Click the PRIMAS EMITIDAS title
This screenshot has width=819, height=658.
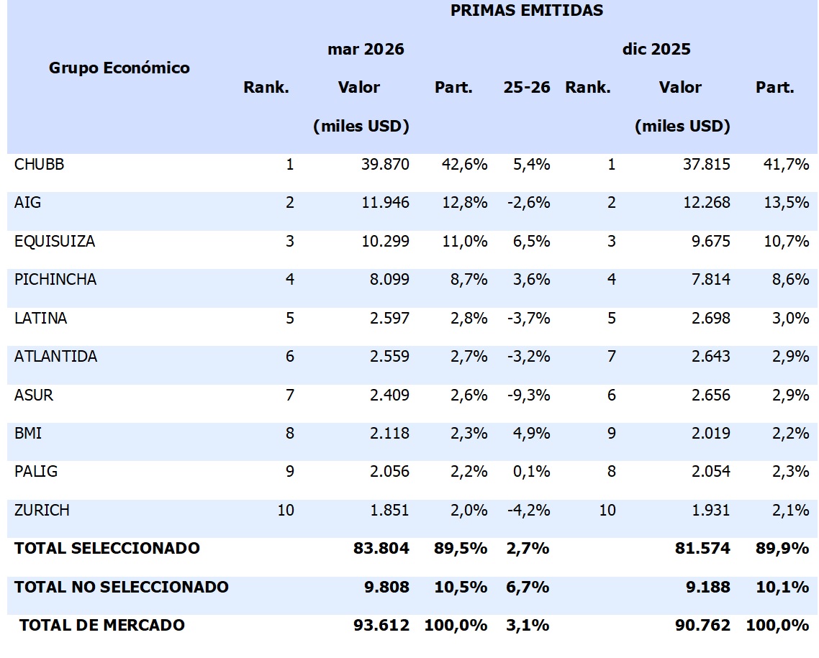click(x=527, y=11)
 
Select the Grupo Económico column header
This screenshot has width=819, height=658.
click(x=119, y=68)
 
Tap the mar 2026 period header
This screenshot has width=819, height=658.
click(x=366, y=49)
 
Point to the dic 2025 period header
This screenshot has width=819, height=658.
click(x=656, y=49)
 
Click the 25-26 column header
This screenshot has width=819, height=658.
click(x=527, y=87)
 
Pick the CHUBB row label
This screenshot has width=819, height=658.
click(x=39, y=165)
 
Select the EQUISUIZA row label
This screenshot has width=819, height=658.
click(x=55, y=241)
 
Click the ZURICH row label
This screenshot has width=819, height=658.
click(x=42, y=510)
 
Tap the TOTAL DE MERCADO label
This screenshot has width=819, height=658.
click(x=102, y=625)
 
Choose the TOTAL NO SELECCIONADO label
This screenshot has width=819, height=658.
click(x=121, y=587)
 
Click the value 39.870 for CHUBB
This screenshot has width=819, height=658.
click(x=385, y=165)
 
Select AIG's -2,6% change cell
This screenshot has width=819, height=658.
click(x=528, y=203)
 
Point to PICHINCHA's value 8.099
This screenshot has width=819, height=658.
click(x=389, y=280)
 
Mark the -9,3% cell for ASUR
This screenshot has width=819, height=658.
click(x=528, y=395)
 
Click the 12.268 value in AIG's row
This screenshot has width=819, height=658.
click(x=707, y=203)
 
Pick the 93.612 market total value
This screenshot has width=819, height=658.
click(x=381, y=625)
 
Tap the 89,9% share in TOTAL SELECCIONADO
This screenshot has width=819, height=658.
click(x=782, y=549)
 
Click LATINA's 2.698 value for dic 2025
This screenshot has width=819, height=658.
click(x=711, y=319)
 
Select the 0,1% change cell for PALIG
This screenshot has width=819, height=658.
click(x=531, y=472)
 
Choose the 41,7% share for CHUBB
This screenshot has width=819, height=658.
click(x=786, y=165)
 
